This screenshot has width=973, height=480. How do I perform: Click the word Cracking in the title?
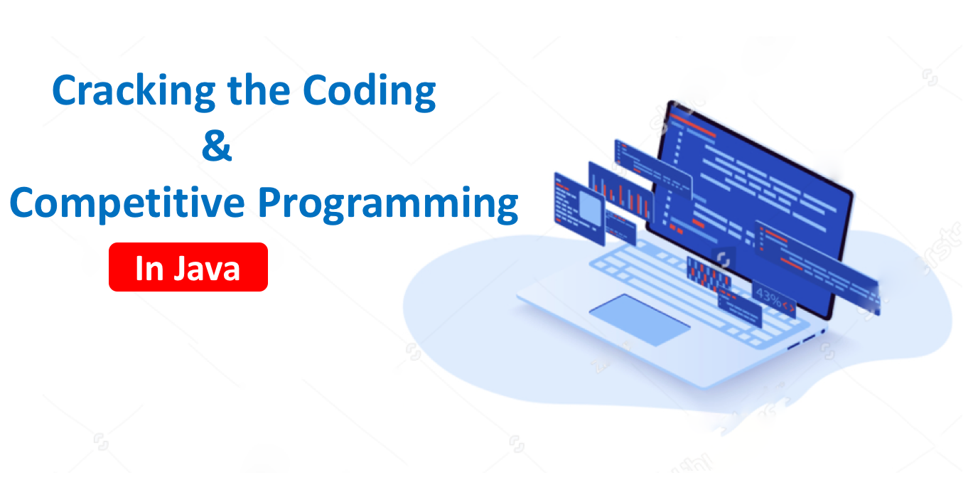134,92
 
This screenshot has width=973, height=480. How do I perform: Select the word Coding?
369,92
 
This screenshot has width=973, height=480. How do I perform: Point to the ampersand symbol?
217,145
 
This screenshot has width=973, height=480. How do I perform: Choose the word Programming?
388,204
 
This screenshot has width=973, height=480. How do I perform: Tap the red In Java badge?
188,267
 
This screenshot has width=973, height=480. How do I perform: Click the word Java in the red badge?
208,269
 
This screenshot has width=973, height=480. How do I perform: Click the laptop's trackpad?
640,319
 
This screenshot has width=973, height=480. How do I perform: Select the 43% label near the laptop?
768,297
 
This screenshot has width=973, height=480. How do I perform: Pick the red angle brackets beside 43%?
789,307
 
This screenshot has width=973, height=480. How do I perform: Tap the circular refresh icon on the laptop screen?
723,259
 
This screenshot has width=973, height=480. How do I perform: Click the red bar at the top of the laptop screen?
692,125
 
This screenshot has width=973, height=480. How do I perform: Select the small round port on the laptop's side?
822,332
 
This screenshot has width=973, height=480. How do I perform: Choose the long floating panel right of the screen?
817,268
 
